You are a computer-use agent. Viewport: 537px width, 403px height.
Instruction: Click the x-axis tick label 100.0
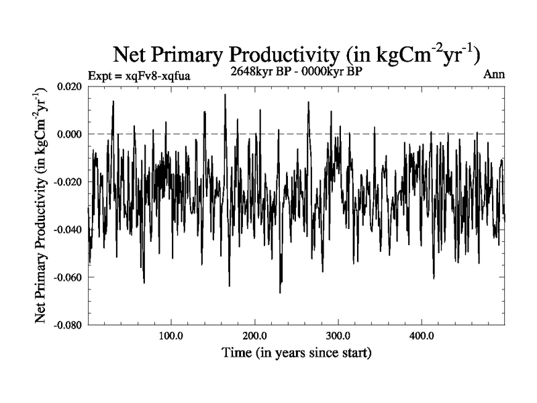171,336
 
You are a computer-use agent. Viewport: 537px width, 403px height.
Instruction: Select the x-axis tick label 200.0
254,336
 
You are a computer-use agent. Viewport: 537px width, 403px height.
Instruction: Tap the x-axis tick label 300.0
338,336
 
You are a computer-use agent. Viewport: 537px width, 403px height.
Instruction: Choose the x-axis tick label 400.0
421,336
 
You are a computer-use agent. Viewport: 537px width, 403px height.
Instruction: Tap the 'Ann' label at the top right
493,75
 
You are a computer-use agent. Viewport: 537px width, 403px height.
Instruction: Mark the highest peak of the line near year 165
225,95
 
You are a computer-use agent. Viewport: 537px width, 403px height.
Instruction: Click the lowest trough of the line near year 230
280,293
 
